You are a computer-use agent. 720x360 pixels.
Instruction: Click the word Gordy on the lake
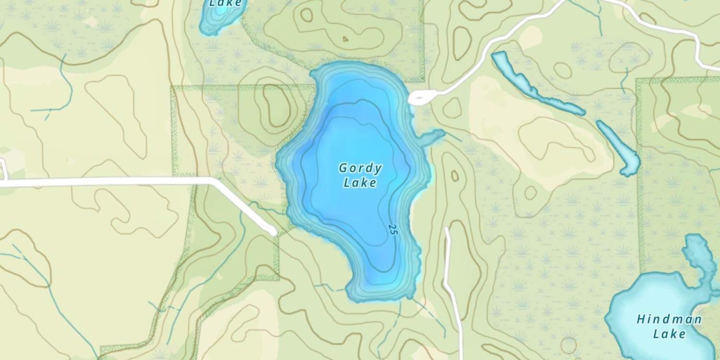[360, 168]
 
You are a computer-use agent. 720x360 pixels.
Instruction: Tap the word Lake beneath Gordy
[360, 183]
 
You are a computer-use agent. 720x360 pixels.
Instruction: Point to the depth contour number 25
[394, 229]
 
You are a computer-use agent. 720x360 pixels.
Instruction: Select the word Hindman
[669, 319]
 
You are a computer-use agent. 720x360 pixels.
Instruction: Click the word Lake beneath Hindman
[669, 334]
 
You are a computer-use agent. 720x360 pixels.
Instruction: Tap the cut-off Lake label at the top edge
[221, 3]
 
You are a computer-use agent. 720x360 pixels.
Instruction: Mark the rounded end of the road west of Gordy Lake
[273, 232]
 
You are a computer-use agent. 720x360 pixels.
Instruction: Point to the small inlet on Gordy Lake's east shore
[432, 136]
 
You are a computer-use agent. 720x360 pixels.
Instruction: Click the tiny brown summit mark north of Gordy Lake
[345, 39]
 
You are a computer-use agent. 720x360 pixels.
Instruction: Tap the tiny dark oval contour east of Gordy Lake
[455, 176]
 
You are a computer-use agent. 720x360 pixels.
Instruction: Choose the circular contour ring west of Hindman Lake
[568, 345]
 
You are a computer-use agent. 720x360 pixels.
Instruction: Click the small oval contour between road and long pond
[562, 70]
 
